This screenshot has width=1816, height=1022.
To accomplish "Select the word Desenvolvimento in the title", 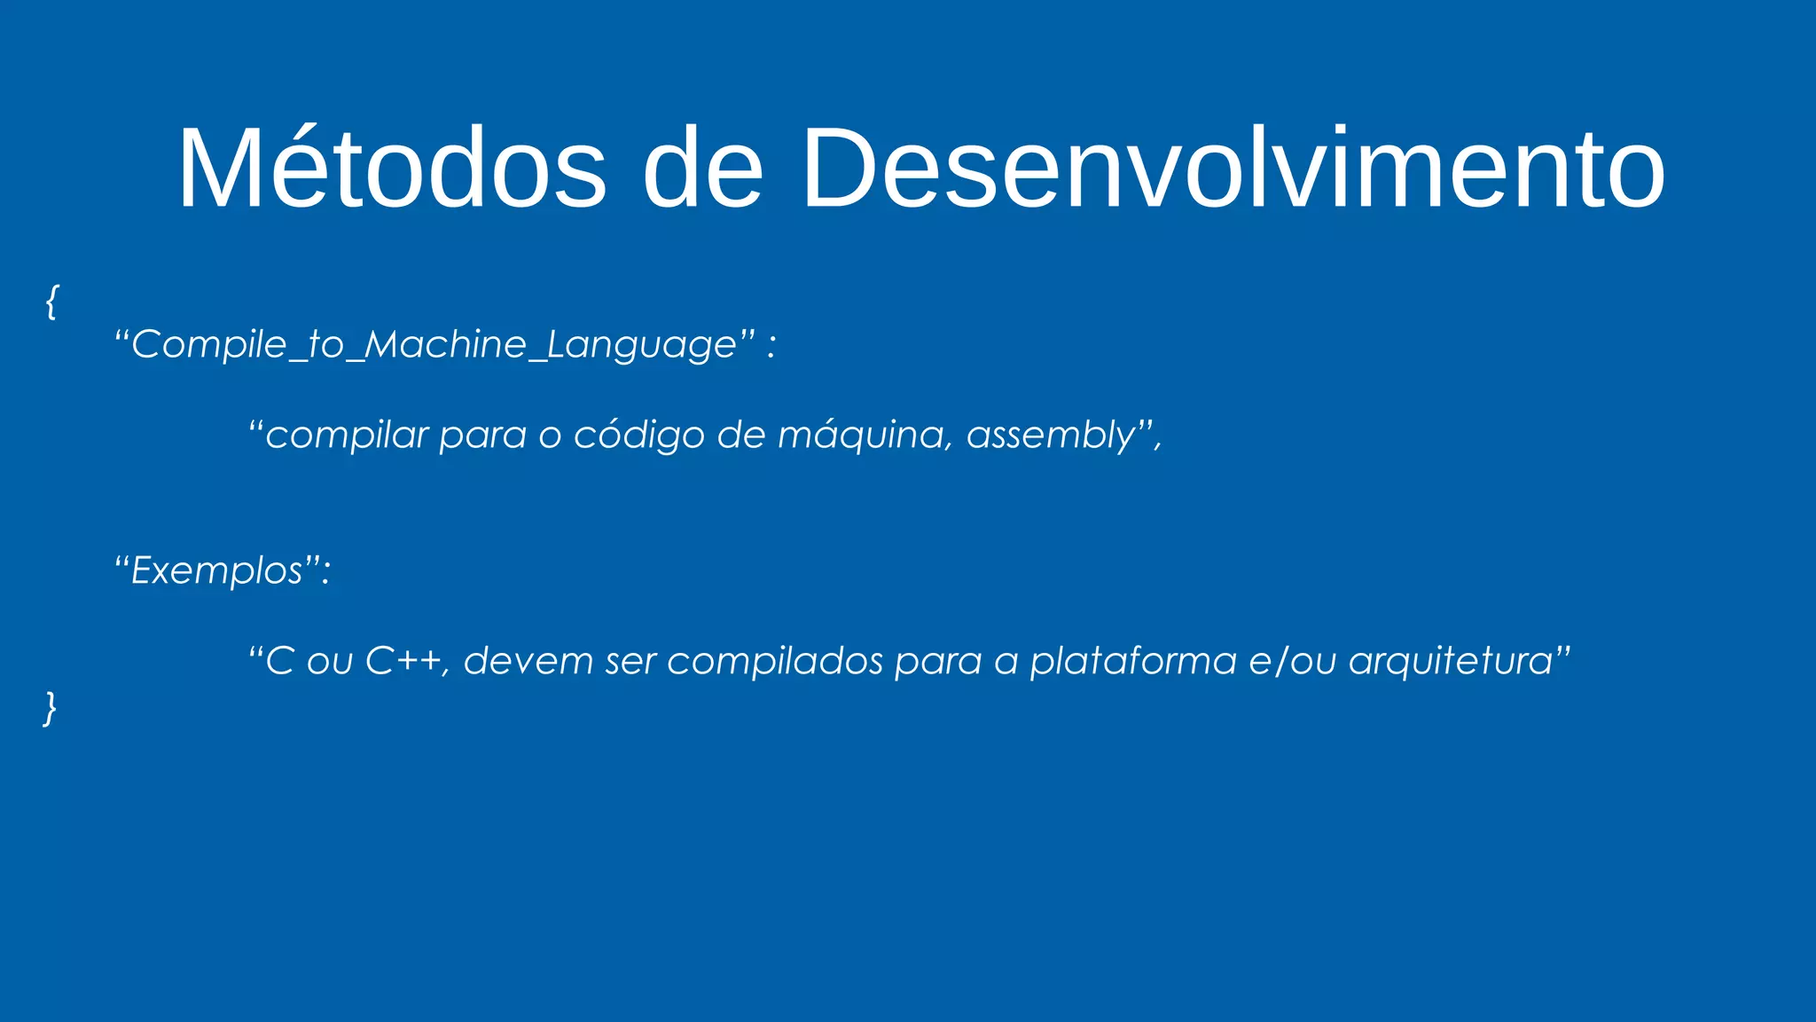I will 1233,169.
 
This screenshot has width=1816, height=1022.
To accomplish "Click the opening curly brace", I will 51,302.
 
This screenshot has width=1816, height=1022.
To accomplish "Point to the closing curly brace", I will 51,708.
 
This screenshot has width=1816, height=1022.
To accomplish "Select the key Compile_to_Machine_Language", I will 434,344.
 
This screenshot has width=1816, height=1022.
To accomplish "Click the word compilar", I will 347,436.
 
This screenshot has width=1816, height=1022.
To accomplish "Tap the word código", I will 638,436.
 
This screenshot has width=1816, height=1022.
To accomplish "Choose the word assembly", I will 1050,436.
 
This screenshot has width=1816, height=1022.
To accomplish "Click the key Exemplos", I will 216,570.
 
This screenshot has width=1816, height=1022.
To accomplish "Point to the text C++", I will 404,661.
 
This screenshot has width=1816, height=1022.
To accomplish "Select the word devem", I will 528,661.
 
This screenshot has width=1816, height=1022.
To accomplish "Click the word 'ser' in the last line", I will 630,661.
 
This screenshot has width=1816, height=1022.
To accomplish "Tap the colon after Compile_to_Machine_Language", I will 771,346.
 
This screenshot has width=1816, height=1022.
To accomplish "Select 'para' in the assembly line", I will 482,436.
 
